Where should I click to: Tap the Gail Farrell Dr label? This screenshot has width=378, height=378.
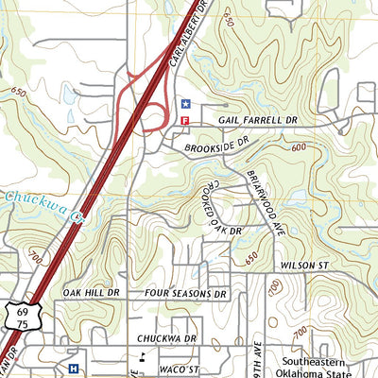pyautogui.click(x=257, y=121)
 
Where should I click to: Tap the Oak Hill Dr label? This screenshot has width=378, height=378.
pyautogui.click(x=92, y=293)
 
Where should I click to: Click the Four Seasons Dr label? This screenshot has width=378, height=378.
pyautogui.click(x=187, y=294)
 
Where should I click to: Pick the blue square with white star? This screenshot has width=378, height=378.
pyautogui.click(x=185, y=104)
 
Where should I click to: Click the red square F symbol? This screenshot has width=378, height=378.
pyautogui.click(x=185, y=121)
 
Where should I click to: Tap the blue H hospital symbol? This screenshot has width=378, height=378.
pyautogui.click(x=74, y=368)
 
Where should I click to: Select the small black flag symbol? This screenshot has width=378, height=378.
pyautogui.click(x=143, y=356)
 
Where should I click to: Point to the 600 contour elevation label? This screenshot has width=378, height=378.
pyautogui.click(x=300, y=148)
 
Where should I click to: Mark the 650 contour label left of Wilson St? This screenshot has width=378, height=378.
pyautogui.click(x=250, y=256)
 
